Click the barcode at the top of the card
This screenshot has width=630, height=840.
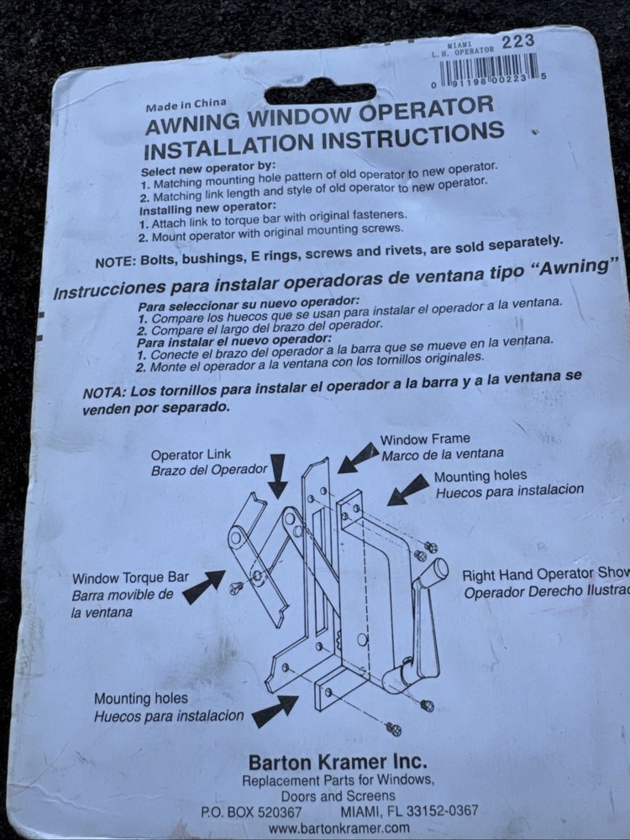pyautogui.click(x=489, y=70)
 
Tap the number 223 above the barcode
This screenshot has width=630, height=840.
pyautogui.click(x=518, y=41)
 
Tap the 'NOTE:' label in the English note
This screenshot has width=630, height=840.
pyautogui.click(x=115, y=262)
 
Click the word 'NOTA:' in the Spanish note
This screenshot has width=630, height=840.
pyautogui.click(x=104, y=392)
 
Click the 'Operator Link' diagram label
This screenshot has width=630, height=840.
pyautogui.click(x=191, y=454)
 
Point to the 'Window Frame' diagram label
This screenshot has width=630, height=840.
pyautogui.click(x=425, y=439)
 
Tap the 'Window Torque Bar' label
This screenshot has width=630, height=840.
pyautogui.click(x=130, y=578)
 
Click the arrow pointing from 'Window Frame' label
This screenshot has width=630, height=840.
pyautogui.click(x=359, y=458)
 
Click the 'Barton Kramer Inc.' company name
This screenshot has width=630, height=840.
pyautogui.click(x=338, y=762)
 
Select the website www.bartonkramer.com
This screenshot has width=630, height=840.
pyautogui.click(x=339, y=827)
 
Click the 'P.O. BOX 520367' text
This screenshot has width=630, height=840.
pyautogui.click(x=250, y=812)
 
